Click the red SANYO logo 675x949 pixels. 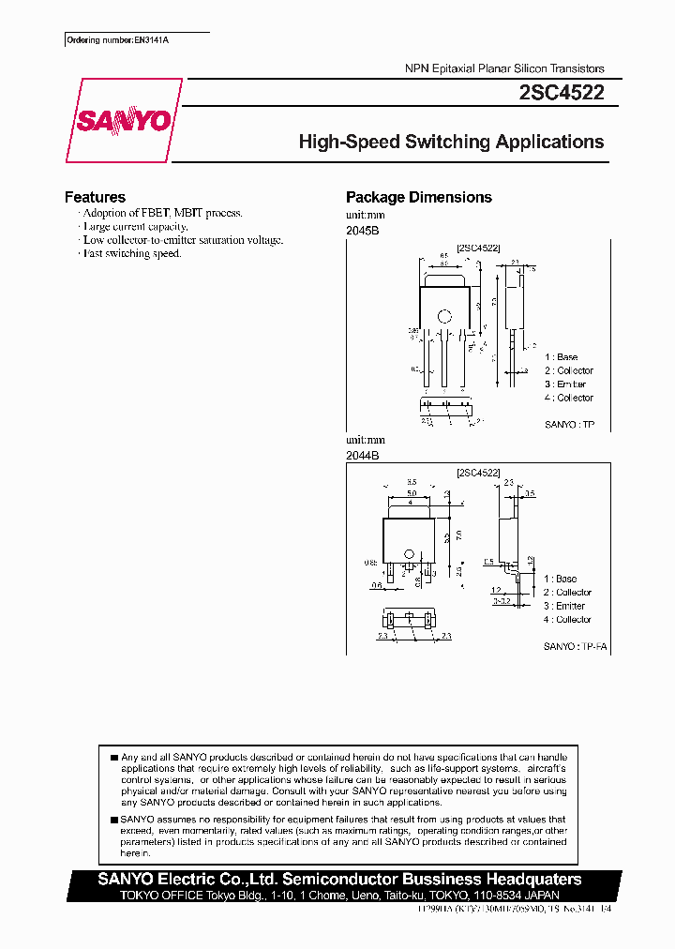[125, 121]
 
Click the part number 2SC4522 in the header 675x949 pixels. [561, 93]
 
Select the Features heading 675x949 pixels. [95, 197]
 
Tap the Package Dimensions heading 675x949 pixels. [418, 197]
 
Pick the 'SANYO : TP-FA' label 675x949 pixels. [569, 647]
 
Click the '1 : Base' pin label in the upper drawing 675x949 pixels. [562, 357]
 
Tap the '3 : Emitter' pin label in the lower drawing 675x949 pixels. [564, 606]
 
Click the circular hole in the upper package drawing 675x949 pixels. [445, 315]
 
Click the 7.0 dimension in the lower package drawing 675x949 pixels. [460, 534]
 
